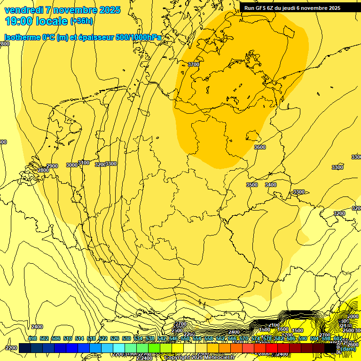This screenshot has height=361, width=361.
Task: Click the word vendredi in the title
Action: click(24, 10)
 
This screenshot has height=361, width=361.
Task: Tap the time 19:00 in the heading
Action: click(19, 21)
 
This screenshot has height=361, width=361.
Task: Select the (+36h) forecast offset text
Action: click(81, 21)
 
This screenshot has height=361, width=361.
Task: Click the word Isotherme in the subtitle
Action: click(22, 38)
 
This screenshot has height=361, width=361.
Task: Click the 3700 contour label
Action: click(193, 64)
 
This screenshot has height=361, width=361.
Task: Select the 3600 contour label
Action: click(259, 147)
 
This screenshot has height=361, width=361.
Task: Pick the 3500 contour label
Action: click(252, 185)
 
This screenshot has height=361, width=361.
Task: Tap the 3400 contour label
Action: click(271, 185)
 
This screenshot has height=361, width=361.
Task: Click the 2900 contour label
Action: click(52, 166)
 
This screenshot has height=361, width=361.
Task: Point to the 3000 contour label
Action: click(72, 165)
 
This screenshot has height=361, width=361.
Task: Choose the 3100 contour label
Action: click(84, 163)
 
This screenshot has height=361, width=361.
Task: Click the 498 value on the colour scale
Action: click(32, 338)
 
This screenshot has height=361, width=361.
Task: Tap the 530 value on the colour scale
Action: click(126, 338)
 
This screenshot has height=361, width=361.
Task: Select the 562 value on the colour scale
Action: click(220, 338)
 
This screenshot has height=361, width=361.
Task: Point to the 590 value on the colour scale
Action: click(303, 338)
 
